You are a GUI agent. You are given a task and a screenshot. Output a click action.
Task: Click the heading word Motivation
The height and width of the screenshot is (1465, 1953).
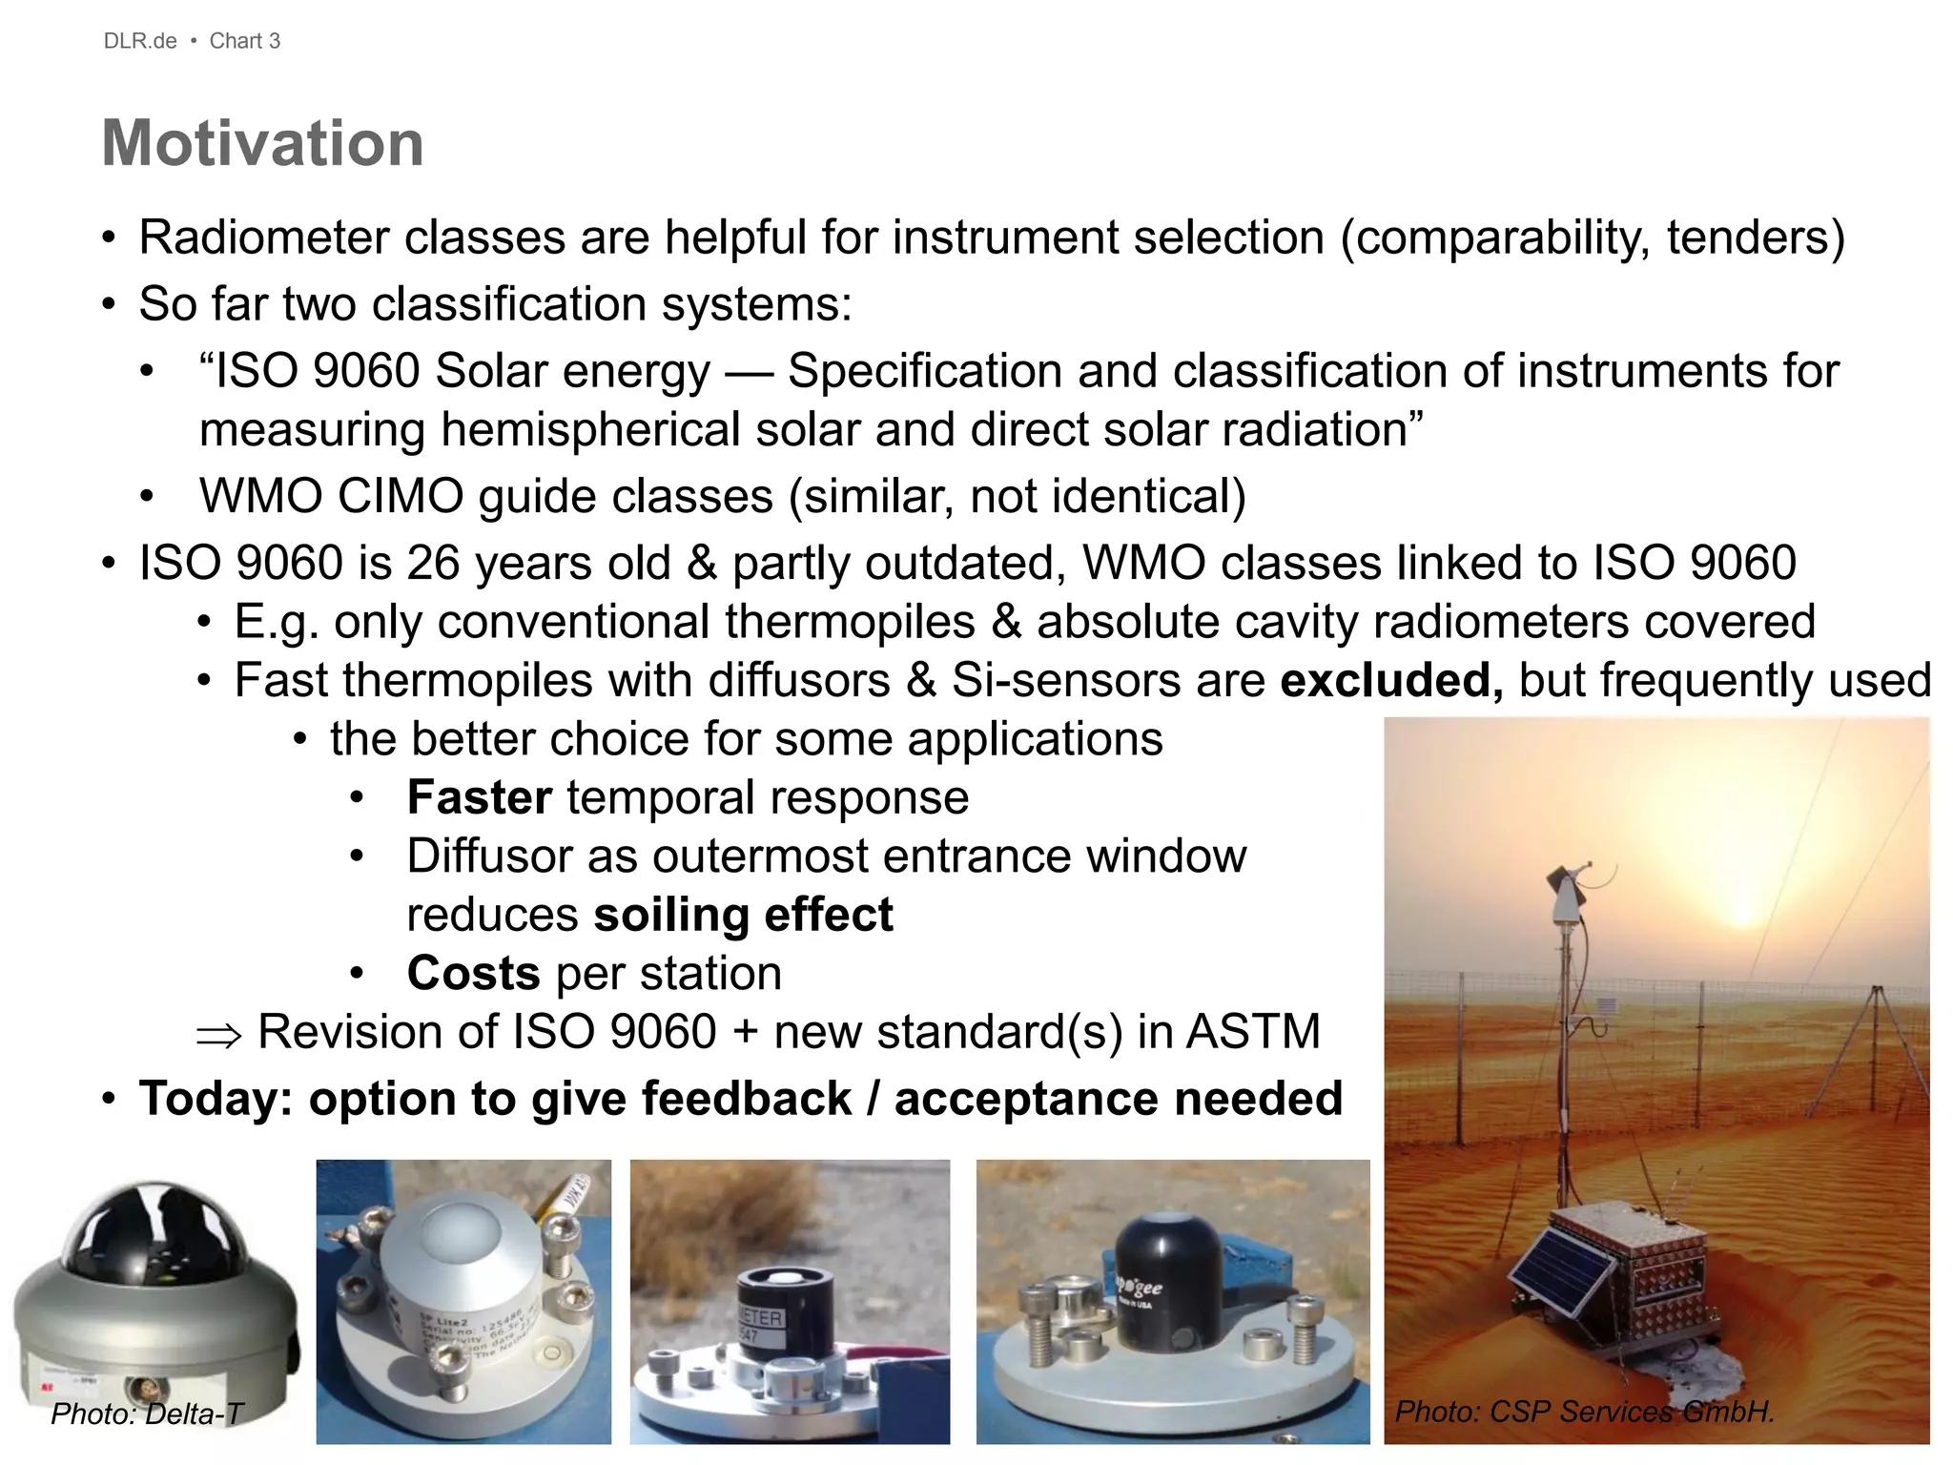click(x=262, y=143)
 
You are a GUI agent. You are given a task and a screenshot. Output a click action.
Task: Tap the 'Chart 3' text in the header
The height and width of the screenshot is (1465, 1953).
click(x=245, y=41)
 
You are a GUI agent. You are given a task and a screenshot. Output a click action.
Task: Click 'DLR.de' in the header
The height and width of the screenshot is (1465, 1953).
click(x=140, y=41)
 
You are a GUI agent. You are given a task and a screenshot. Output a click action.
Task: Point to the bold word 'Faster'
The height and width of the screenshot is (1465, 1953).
click(x=480, y=797)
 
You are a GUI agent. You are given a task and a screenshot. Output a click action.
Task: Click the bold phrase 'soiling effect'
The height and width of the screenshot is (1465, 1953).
click(x=743, y=915)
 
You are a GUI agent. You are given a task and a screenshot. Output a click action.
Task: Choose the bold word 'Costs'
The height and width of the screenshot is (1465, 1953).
click(x=474, y=974)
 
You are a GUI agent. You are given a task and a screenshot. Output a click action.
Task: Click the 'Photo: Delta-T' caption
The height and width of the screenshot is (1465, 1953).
click(x=147, y=1413)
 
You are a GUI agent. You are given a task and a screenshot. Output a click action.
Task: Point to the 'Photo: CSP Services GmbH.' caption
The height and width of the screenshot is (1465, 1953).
click(x=1584, y=1412)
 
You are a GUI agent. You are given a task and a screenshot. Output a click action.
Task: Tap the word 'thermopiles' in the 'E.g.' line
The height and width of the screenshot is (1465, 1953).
click(x=850, y=623)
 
